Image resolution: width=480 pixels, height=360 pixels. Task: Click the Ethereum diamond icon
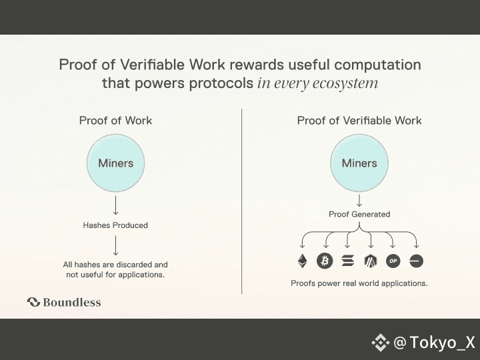tap(303, 261)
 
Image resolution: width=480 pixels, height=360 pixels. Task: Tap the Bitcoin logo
tap(325, 261)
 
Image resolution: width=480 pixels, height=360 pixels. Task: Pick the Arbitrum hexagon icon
tap(371, 261)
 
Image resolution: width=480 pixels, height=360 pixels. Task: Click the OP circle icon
tap(393, 261)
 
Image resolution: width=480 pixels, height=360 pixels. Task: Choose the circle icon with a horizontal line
tap(417, 261)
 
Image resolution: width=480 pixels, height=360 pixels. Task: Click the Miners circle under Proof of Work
tap(116, 163)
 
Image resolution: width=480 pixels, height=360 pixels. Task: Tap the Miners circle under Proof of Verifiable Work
tap(359, 163)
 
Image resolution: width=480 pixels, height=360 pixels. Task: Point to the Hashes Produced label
tap(115, 225)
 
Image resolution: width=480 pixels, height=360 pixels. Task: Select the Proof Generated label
tap(359, 215)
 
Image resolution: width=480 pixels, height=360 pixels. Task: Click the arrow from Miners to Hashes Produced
tap(116, 205)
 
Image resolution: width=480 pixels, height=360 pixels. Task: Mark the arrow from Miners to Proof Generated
tap(359, 199)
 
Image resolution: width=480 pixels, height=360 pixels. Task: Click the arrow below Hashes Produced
tap(116, 245)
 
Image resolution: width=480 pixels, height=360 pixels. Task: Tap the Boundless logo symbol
tap(33, 302)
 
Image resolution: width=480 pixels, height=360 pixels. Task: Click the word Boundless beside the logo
tap(72, 302)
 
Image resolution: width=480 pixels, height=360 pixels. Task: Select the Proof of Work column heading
tap(115, 121)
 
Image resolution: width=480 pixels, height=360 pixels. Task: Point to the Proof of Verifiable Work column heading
tap(359, 121)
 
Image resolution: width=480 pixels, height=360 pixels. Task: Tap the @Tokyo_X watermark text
tap(434, 343)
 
